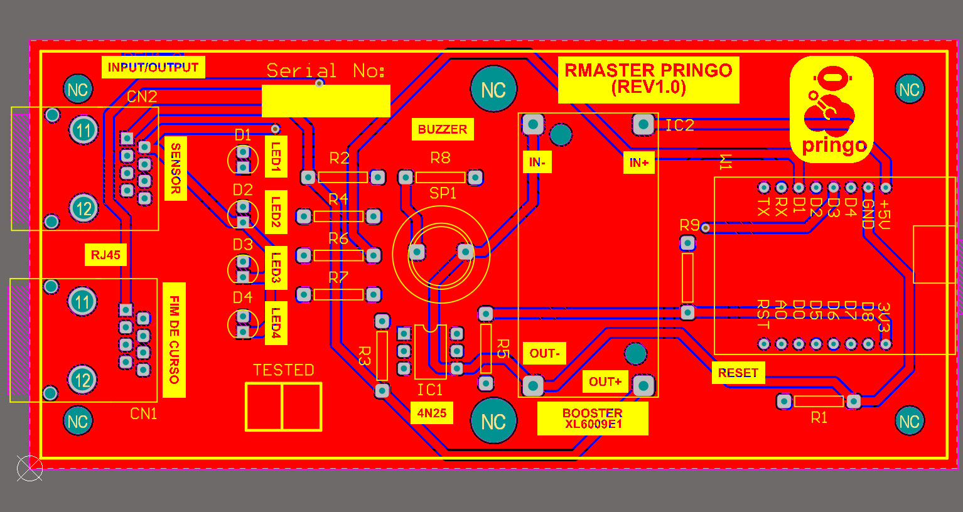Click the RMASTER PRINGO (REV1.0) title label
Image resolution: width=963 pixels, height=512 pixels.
coord(648,79)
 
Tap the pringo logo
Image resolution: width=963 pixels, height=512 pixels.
coord(831,110)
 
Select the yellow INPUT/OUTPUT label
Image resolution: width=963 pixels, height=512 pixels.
coord(153,67)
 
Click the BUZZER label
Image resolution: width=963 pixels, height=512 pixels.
coord(443,129)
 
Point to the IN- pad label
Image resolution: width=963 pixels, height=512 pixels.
coord(537,163)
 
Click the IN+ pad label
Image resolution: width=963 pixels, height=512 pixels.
coord(638,163)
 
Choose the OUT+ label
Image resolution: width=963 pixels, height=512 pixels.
coord(605,381)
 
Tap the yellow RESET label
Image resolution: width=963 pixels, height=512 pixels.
coord(738,373)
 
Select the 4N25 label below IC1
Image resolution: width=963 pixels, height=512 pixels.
coord(432,413)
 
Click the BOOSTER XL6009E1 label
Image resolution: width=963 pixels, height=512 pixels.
coord(593,418)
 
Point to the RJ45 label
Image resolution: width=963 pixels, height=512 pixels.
coord(105,255)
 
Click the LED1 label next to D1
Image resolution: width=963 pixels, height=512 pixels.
coord(276,156)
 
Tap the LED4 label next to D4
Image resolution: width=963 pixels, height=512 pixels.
coord(276,323)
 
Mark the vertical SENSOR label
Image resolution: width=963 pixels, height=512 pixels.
coord(175,168)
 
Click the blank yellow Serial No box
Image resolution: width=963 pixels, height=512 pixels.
coord(326,101)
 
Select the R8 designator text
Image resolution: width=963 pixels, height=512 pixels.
coord(440,157)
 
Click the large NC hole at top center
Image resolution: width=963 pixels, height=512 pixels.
coord(493,90)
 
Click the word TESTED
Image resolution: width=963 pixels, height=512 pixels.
coord(283,370)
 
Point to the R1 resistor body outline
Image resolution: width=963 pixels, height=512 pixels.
coord(819,401)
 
